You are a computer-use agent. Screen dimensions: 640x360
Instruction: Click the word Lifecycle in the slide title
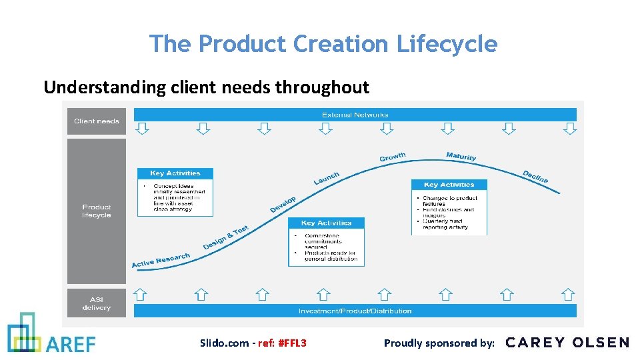[x=447, y=44]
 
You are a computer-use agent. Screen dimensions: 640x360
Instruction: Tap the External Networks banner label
[x=355, y=115]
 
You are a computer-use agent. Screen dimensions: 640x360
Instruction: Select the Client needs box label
[x=97, y=121]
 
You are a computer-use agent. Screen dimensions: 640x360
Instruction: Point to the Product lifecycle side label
[x=97, y=211]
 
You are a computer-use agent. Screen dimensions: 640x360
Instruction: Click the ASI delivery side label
[x=97, y=303]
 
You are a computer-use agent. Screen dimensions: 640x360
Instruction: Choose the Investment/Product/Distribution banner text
[x=355, y=311]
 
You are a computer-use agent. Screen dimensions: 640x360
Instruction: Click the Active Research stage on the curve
[x=161, y=260]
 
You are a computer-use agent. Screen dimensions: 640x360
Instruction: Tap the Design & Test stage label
[x=225, y=238]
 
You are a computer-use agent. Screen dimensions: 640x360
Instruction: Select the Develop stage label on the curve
[x=283, y=205]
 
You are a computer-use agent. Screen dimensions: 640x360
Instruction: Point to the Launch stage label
[x=327, y=178]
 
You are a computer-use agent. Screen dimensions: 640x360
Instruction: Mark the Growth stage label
[x=392, y=157]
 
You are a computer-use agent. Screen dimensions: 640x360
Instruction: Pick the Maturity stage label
[x=461, y=156]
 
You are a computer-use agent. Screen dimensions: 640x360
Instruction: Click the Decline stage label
[x=535, y=177]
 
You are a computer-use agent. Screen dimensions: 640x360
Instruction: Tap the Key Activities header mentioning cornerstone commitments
[x=326, y=223]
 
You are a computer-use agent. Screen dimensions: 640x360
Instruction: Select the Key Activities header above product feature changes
[x=449, y=185]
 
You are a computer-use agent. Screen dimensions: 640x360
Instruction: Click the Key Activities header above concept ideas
[x=175, y=173]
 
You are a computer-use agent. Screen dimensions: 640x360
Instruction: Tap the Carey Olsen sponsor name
[x=567, y=343]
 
